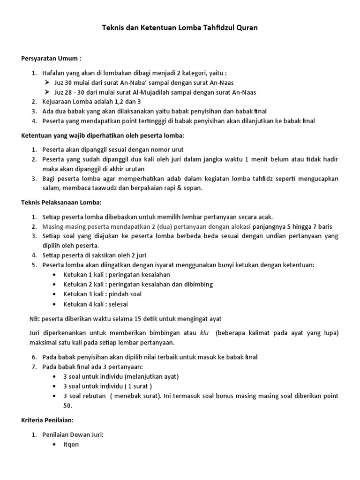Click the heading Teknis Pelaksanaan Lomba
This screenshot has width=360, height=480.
coord(61,202)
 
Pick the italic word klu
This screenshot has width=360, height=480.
coord(203,333)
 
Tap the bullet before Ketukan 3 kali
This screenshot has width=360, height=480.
coord(56,294)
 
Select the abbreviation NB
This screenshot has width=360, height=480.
coord(34,319)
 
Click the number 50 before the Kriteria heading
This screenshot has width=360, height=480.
coord(68,405)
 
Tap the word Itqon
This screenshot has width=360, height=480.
coord(71,444)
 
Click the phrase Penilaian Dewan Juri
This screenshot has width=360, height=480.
coord(73,435)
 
